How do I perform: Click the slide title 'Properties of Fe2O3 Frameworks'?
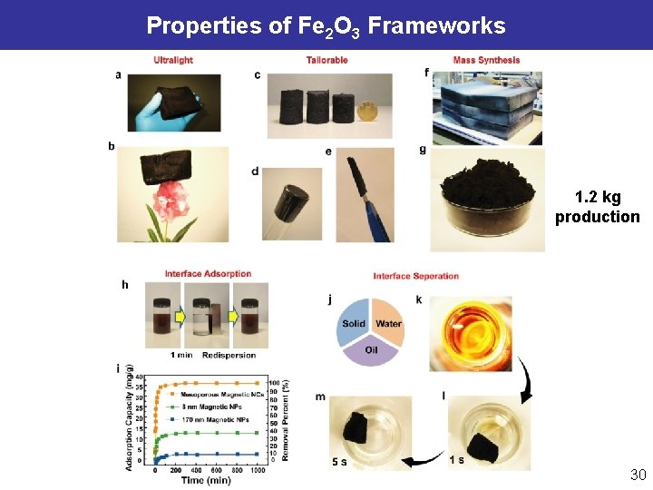(326, 25)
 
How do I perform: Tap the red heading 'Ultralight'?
(172, 61)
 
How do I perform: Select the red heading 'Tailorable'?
(326, 61)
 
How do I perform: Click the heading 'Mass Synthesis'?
(486, 61)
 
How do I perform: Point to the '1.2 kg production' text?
(597, 207)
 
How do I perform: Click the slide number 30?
(638, 475)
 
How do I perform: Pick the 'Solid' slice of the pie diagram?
(354, 323)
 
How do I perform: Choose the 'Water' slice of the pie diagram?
(388, 323)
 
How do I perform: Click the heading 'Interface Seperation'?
(415, 276)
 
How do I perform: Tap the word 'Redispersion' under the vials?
(230, 354)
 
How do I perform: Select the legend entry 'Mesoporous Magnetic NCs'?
(224, 395)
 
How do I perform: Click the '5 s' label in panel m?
(339, 463)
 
